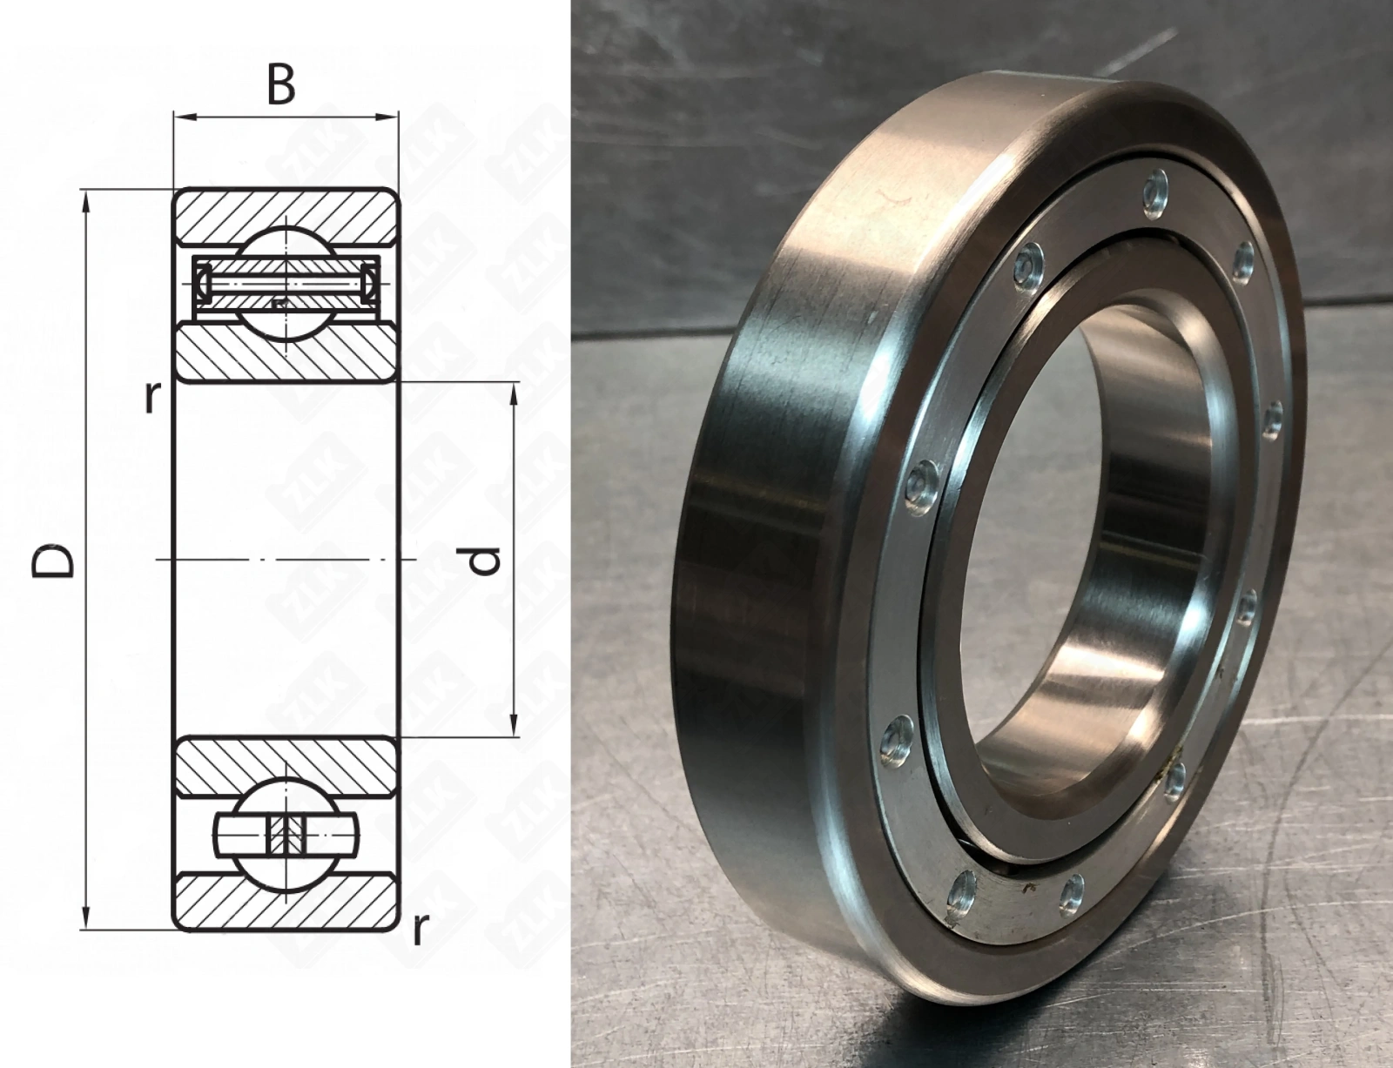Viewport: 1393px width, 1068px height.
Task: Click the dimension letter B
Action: pyautogui.click(x=281, y=85)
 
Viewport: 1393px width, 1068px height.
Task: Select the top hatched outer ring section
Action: pyautogui.click(x=286, y=215)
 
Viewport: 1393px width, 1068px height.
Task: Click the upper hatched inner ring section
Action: pyautogui.click(x=286, y=353)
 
